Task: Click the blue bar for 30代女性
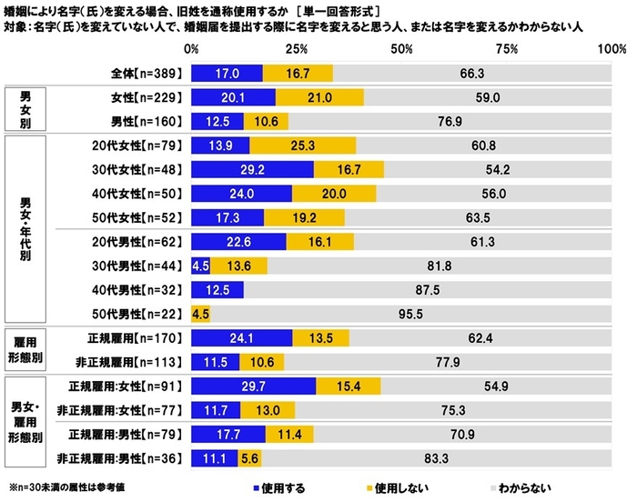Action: [x=252, y=169]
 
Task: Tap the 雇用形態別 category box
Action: [x=30, y=349]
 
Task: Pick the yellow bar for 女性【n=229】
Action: [x=320, y=97]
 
